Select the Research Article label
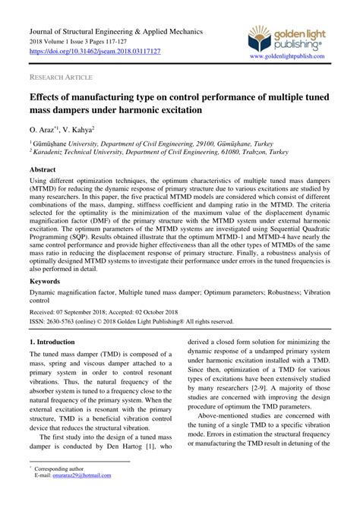pos(62,77)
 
